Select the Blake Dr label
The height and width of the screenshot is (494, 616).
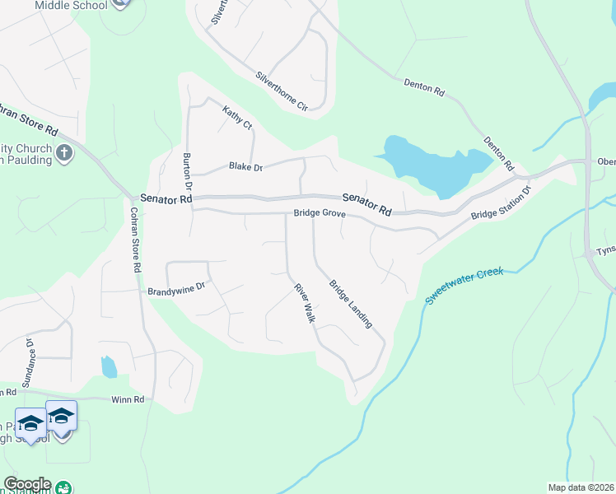[245, 168]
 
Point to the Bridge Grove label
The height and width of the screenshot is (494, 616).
[320, 214]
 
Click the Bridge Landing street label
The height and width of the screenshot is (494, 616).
[350, 305]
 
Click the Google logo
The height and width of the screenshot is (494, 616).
[26, 484]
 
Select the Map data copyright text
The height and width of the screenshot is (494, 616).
[580, 487]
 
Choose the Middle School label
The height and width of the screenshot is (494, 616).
[72, 6]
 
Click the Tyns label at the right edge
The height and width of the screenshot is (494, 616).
[605, 250]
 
